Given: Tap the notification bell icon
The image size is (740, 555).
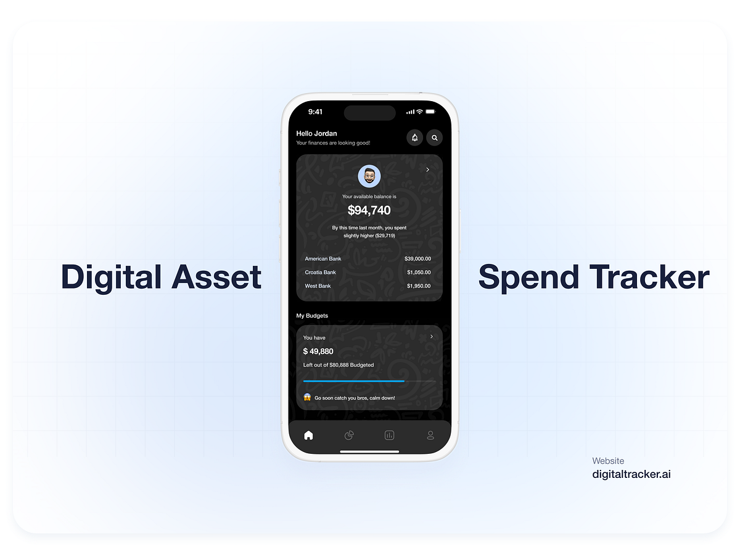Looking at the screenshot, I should point(414,138).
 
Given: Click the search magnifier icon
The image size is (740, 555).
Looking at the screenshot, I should point(434,138).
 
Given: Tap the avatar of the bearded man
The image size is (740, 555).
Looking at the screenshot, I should point(369,177).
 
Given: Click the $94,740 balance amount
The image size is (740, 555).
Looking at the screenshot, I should point(369,210).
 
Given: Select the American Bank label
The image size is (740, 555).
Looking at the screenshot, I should point(323,258).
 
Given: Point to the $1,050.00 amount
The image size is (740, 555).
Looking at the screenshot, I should point(419,272).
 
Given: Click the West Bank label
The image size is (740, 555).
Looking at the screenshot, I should point(318,286).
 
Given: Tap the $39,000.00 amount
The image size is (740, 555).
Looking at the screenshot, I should point(417,258).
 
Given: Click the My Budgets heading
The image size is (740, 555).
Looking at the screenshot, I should point(312,316).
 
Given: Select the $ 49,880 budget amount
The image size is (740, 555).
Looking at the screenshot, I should point(318,351).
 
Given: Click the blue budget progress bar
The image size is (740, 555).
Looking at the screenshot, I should point(353,381).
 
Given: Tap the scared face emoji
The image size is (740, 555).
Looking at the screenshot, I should point(307,397).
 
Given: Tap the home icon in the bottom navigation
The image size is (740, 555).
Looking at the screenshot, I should point(308,435).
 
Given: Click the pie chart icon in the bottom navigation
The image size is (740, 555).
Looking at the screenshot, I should point(349,435).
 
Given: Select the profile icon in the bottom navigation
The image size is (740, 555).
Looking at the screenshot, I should point(430,435).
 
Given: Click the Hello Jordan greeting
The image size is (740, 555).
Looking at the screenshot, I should point(316,133).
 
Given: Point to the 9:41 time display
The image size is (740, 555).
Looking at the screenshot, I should point(315,112).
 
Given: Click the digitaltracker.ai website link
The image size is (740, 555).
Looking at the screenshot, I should point(631,474).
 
